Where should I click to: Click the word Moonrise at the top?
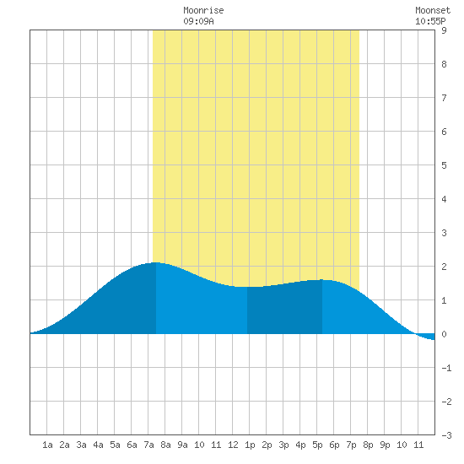pyautogui.click(x=203, y=10)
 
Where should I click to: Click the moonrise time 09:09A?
pyautogui.click(x=198, y=21)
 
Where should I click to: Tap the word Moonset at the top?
pyautogui.click(x=433, y=10)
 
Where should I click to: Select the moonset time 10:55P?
pyautogui.click(x=430, y=21)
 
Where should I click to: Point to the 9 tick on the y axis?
pyautogui.click(x=444, y=30)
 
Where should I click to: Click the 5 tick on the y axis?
pyautogui.click(x=444, y=165)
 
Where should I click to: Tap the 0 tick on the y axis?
pyautogui.click(x=444, y=334)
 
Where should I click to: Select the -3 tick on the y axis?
pyautogui.click(x=446, y=435)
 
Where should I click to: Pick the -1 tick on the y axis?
pyautogui.click(x=446, y=368)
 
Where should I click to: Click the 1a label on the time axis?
pyautogui.click(x=47, y=445)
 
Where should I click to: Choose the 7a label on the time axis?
pyautogui.click(x=148, y=445)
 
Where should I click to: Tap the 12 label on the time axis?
pyautogui.click(x=233, y=445)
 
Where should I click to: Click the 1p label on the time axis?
pyautogui.click(x=250, y=445)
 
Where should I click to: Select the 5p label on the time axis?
pyautogui.click(x=317, y=445)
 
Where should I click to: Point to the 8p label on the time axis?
pyautogui.click(x=368, y=445)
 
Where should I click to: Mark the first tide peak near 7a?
pyautogui.click(x=156, y=262)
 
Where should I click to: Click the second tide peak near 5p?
pyautogui.click(x=322, y=279)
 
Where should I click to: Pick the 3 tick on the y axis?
pyautogui.click(x=444, y=233)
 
